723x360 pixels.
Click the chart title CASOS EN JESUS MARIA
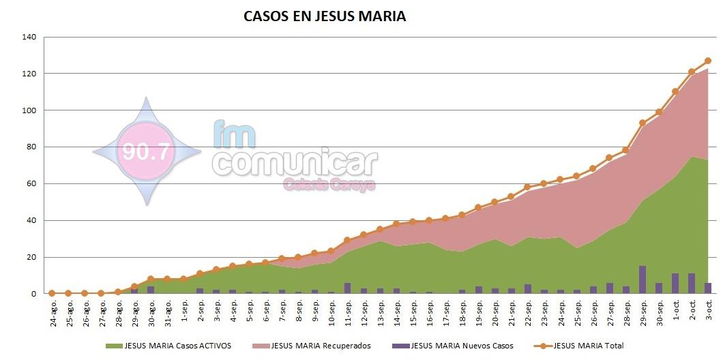click(x=325, y=16)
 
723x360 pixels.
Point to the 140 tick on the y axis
click(x=29, y=37)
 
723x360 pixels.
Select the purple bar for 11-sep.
click(x=347, y=288)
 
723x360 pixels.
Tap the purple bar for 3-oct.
click(x=708, y=288)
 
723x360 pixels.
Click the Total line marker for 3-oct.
click(x=708, y=61)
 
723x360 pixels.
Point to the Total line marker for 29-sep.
click(x=643, y=123)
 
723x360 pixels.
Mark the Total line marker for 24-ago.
click(x=52, y=293)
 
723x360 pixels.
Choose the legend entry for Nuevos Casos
click(x=455, y=346)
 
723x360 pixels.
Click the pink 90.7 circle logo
click(x=145, y=151)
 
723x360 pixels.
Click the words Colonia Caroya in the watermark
click(x=329, y=184)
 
